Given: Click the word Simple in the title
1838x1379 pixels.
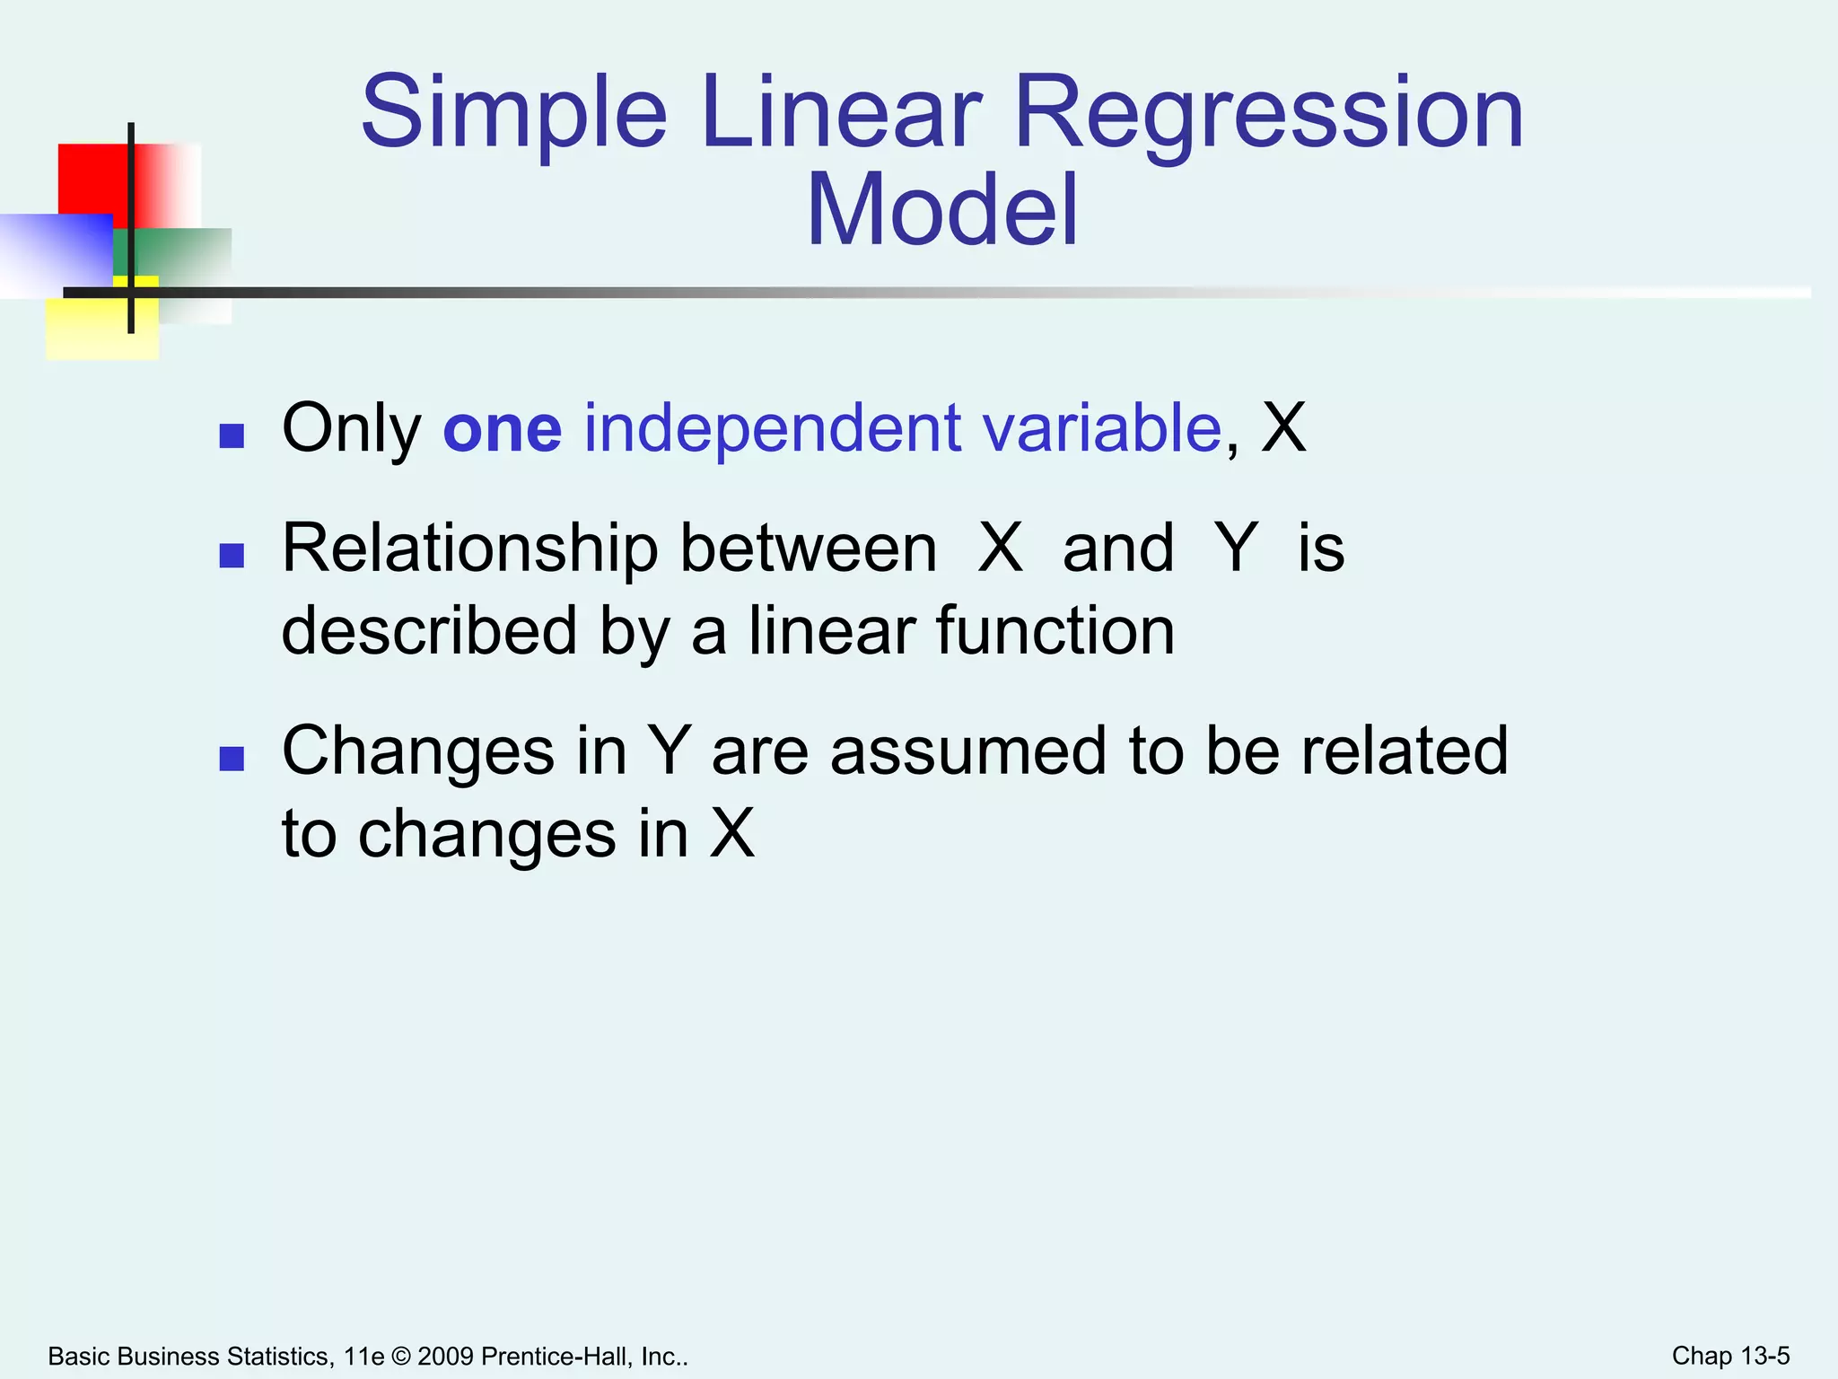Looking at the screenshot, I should (513, 115).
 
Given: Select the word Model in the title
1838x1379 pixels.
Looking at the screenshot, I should (941, 211).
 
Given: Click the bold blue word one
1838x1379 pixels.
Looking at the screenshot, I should (503, 429).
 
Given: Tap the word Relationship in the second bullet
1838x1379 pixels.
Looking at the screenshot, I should (470, 549).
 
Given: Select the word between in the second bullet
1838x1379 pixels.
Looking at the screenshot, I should (808, 549).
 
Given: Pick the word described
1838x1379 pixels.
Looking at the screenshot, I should (429, 631).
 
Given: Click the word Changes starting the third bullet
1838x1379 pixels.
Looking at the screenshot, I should (418, 752).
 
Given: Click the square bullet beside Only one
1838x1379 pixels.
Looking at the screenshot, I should (232, 436).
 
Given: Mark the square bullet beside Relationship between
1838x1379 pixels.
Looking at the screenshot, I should (232, 557).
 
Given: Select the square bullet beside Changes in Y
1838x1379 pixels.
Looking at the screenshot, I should (232, 760).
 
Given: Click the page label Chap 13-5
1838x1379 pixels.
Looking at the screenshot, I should (1730, 1356).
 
